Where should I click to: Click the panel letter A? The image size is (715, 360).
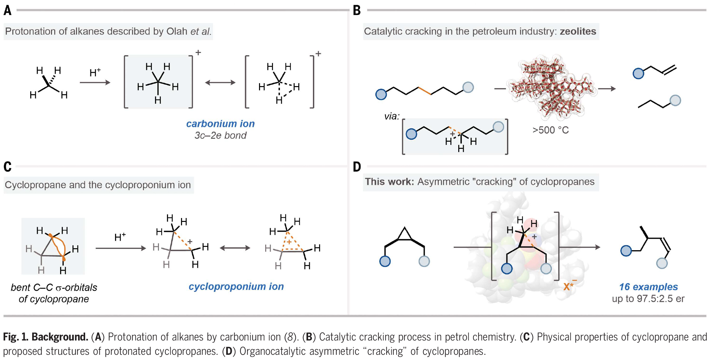pyautogui.click(x=7, y=10)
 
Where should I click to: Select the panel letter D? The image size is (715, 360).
pyautogui.click(x=357, y=167)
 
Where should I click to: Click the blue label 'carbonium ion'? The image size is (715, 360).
pyautogui.click(x=220, y=124)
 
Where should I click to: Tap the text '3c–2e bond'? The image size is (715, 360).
pyautogui.click(x=220, y=135)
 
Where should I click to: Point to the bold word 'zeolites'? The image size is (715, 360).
pyautogui.click(x=578, y=31)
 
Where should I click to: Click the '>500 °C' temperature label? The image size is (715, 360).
pyautogui.click(x=551, y=130)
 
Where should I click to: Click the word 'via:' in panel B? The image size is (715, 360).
pyautogui.click(x=392, y=116)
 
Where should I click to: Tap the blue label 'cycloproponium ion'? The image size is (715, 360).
pyautogui.click(x=236, y=286)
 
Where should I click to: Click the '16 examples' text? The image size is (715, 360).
pyautogui.click(x=648, y=287)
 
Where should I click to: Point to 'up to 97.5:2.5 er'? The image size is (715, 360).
pyautogui.click(x=648, y=299)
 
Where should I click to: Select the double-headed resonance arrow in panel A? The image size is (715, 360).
pyautogui.click(x=220, y=83)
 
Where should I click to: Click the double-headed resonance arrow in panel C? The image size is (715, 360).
pyautogui.click(x=235, y=248)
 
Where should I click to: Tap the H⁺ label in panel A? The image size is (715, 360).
pyautogui.click(x=95, y=73)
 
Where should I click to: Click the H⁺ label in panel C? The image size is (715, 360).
pyautogui.click(x=120, y=237)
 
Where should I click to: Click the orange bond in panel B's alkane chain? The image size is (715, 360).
pyautogui.click(x=425, y=91)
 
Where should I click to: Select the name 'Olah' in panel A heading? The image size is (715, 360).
pyautogui.click(x=177, y=31)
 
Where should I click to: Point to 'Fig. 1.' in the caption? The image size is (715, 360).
pyautogui.click(x=16, y=337)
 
